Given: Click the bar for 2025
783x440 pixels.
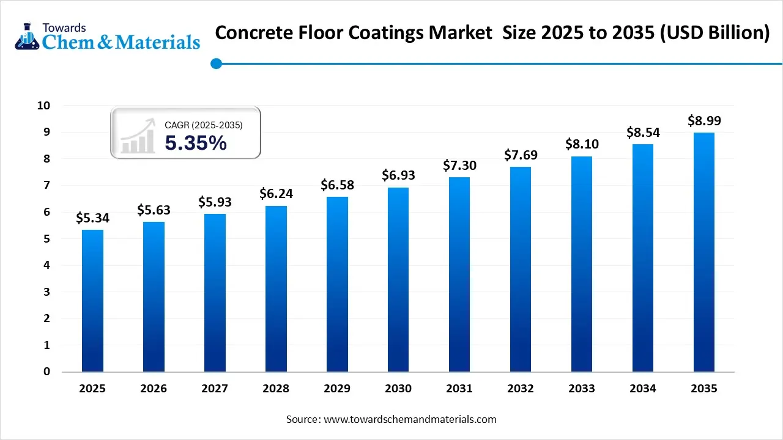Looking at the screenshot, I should pos(92,301).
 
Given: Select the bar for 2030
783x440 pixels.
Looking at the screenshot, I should pos(398,279).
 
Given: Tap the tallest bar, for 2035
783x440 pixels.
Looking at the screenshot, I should pos(704,252).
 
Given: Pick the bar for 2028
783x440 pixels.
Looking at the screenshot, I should pos(276,288).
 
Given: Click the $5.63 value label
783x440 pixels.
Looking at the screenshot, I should pos(154,210).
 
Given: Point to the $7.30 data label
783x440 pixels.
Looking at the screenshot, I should pos(459,166).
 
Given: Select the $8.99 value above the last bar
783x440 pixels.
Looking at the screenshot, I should pos(704,120).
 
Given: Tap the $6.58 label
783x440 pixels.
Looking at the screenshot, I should pos(337,185).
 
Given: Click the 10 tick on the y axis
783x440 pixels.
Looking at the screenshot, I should pos(43,106).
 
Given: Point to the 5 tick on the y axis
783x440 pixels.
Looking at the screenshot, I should pos(46,239).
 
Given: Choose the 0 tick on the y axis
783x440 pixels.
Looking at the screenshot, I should pos(46,372).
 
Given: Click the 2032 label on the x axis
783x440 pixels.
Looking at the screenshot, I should pos(521,389).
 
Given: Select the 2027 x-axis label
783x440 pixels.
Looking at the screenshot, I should pos(215,389).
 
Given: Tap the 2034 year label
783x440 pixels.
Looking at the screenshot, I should pos(643,389).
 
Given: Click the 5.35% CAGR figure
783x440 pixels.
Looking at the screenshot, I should pos(196,143).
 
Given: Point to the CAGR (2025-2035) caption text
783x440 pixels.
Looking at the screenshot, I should pos(204,125).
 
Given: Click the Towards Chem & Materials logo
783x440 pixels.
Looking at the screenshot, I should pos(107,35).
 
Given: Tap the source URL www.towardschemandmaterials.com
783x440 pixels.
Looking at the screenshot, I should pos(410,419).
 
